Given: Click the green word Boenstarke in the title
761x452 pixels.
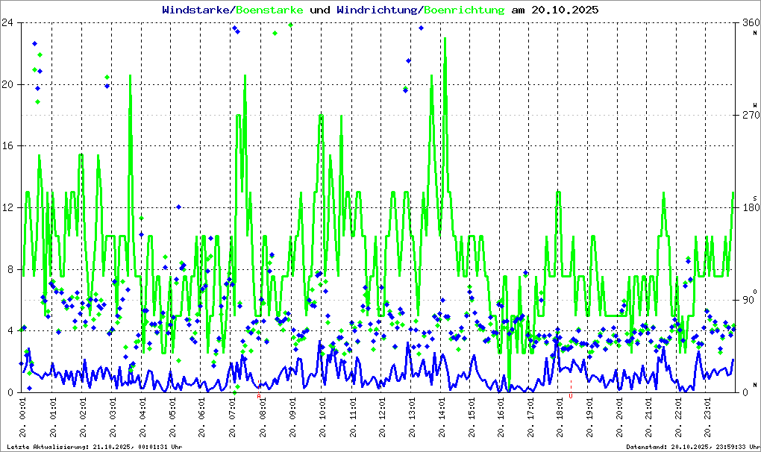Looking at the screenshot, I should coord(269,10).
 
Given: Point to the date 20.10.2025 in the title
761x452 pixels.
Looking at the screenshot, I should coord(564,10).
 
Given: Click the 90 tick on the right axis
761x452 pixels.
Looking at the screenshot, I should coord(748,300).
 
